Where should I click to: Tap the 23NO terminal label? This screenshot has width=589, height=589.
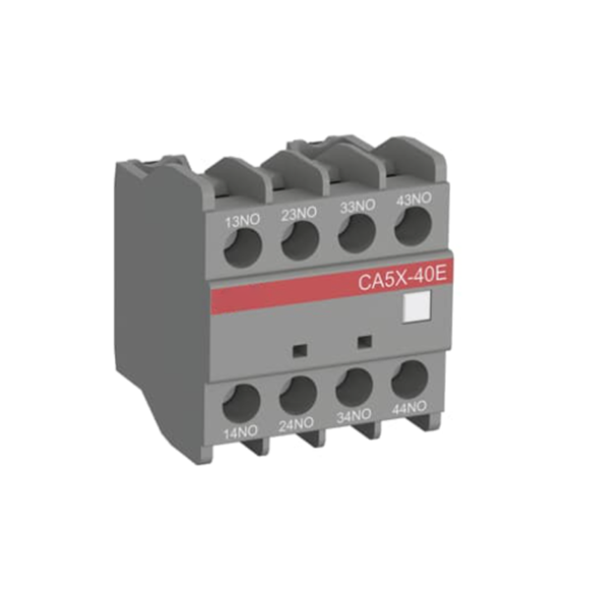tap(299, 212)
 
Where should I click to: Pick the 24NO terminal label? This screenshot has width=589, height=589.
tap(296, 425)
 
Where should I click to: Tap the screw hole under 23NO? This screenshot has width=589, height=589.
tap(298, 242)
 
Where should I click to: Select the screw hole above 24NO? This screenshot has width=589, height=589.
tap(296, 396)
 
